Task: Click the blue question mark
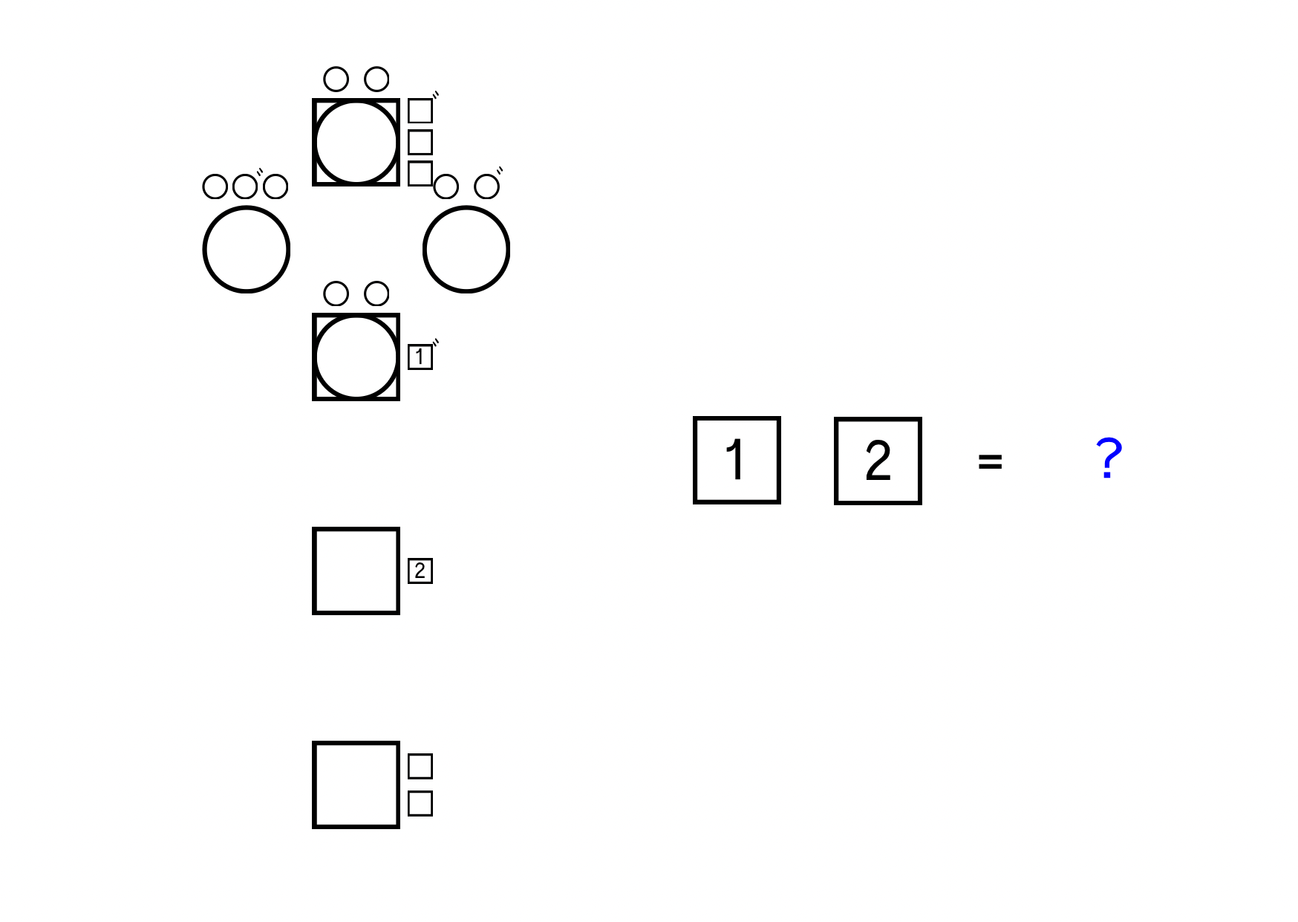tap(1109, 458)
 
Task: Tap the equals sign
tap(990, 462)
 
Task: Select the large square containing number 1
tap(737, 461)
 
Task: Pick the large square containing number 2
tap(878, 461)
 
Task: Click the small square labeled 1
tap(420, 357)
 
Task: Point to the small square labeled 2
tap(420, 571)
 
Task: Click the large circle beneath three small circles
tap(247, 250)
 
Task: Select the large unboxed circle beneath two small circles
tap(466, 250)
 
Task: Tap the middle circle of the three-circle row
tap(245, 186)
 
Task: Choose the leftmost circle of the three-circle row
tap(215, 186)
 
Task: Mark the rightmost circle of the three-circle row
tap(275, 186)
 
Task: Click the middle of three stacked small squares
tap(420, 142)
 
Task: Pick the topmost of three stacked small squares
tap(420, 111)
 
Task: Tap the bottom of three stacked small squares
tap(420, 173)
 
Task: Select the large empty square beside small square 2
tap(356, 571)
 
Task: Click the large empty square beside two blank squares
tap(356, 785)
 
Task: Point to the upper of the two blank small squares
tap(420, 766)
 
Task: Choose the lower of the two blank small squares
tap(420, 803)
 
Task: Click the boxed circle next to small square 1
tap(356, 357)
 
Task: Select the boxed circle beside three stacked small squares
tap(356, 142)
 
